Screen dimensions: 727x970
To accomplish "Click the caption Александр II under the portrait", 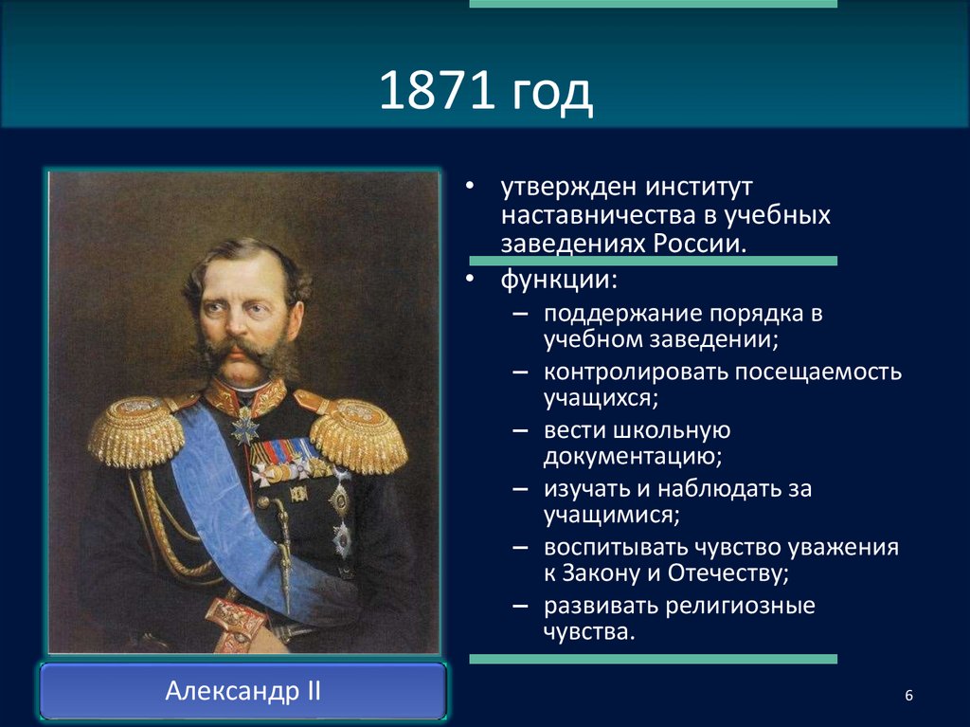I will click(242, 690).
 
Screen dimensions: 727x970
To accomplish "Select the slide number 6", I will click(908, 697).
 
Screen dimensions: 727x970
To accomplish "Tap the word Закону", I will click(602, 573).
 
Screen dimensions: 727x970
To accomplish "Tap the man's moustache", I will click(242, 354).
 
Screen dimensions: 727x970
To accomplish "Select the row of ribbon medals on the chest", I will click(284, 453).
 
